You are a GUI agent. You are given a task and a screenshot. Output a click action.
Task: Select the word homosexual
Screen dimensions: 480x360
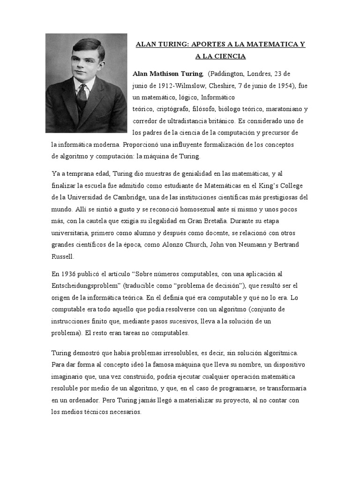192,209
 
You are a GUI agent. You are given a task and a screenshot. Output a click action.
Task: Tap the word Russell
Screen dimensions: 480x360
62,256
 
